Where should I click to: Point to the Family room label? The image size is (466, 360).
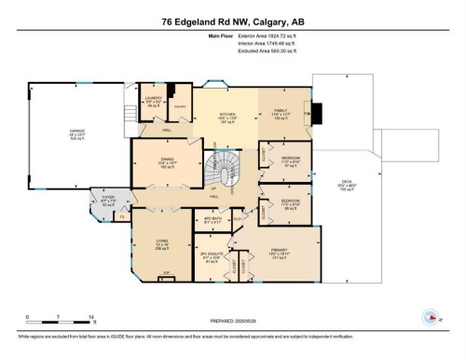281,116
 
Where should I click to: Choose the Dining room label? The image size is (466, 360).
168,165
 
